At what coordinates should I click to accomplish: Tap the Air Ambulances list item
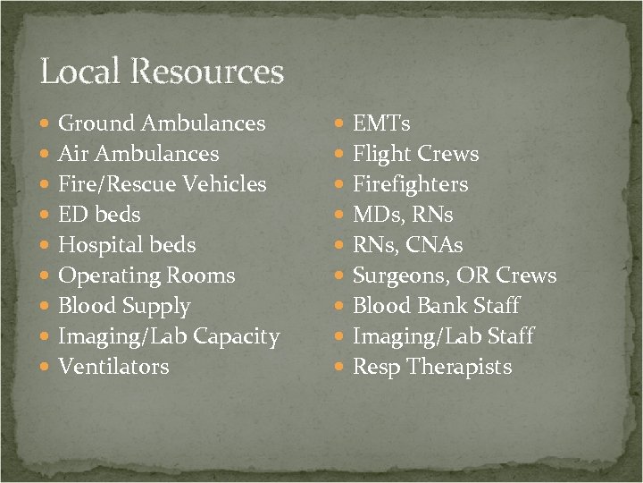[x=138, y=154]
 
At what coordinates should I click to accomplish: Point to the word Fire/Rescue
[x=117, y=184]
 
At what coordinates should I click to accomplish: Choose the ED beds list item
[x=99, y=215]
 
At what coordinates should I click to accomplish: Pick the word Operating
[x=106, y=276]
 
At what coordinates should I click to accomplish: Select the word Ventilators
[x=113, y=367]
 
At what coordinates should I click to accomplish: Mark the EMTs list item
[x=381, y=123]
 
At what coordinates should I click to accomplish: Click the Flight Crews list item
[x=415, y=154]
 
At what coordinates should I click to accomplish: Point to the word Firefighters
[x=410, y=184]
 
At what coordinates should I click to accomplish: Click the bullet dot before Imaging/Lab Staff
[x=339, y=337]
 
